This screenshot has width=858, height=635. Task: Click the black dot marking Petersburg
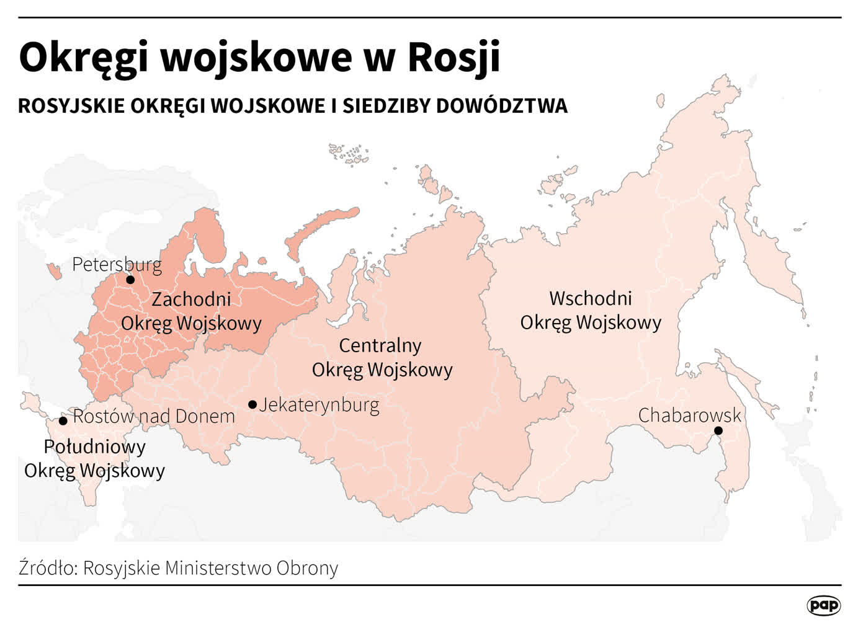(x=130, y=280)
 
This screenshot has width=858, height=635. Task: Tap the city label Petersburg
(x=117, y=265)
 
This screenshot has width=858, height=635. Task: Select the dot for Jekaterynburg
(x=252, y=405)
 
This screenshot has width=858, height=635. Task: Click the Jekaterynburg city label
(x=320, y=405)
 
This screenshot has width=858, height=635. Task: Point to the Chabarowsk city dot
(x=718, y=430)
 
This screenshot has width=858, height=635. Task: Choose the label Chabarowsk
(x=690, y=415)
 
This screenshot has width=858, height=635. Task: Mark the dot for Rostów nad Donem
(x=63, y=420)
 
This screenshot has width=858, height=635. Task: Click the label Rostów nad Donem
(x=154, y=416)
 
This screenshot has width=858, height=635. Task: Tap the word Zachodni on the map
(x=191, y=299)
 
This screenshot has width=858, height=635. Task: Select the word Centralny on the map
(x=380, y=345)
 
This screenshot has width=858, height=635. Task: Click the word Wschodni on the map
(x=590, y=298)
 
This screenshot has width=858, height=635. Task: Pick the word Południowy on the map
(x=94, y=446)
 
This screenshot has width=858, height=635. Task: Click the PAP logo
(x=823, y=605)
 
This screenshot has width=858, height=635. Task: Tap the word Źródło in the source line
(x=47, y=567)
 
